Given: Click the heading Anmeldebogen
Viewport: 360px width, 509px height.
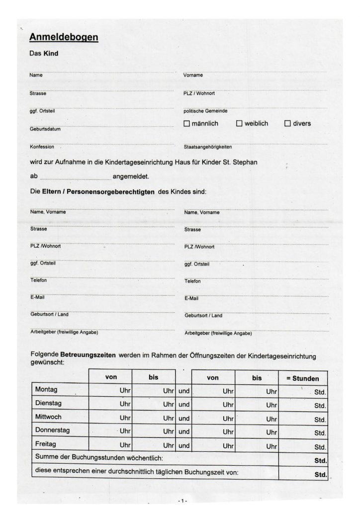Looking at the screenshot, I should [64, 37].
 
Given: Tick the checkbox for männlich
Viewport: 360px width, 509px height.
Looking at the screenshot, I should [187, 123].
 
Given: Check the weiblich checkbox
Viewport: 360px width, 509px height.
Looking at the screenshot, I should [239, 123].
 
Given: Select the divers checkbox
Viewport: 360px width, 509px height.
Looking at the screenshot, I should [287, 123].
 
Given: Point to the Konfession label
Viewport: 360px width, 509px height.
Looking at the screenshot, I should [42, 147].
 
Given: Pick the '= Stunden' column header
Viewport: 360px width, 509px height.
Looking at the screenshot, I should [302, 378].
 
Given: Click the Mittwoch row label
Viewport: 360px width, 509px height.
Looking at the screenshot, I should [48, 416].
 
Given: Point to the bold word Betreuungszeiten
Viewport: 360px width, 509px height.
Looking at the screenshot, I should [88, 355].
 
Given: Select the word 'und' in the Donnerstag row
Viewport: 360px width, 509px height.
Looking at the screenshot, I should [184, 432].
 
